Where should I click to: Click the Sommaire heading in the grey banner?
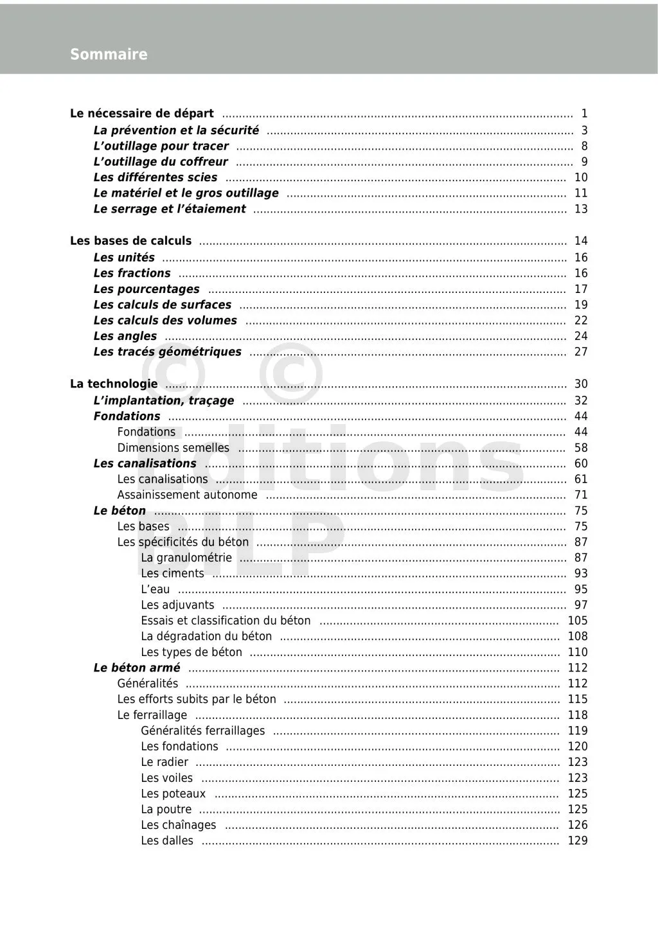(109, 55)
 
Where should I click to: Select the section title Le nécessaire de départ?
(142, 114)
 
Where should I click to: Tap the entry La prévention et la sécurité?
(176, 130)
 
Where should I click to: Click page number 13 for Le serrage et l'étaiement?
(581, 209)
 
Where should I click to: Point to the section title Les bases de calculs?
(130, 241)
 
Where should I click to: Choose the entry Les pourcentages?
(147, 289)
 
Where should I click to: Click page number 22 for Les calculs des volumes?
(581, 320)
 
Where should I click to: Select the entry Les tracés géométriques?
(167, 351)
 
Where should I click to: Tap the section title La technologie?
(114, 384)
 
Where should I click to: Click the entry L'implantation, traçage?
(164, 400)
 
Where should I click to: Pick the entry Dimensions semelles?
(173, 448)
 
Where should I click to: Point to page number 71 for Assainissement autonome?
(581, 495)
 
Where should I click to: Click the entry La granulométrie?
(186, 558)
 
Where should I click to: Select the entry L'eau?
(156, 589)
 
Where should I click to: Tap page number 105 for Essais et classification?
(578, 621)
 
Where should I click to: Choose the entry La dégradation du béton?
(206, 636)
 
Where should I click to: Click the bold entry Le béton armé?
(137, 668)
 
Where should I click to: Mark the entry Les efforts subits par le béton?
(197, 699)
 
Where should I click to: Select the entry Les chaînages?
(179, 825)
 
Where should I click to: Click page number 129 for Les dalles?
(578, 840)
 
